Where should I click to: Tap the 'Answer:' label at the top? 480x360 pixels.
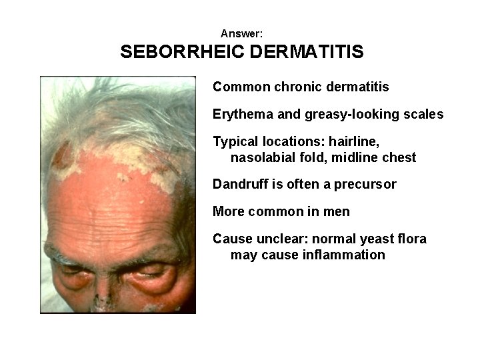pyautogui.click(x=242, y=33)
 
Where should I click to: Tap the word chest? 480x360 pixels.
pyautogui.click(x=400, y=158)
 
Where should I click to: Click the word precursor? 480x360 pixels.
pyautogui.click(x=367, y=185)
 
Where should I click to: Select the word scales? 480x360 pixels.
pyautogui.click(x=423, y=115)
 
